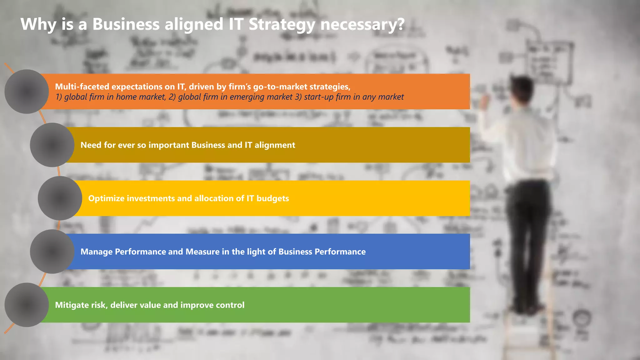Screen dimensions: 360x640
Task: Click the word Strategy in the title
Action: coord(282,24)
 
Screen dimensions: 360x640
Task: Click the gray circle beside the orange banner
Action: coord(27,91)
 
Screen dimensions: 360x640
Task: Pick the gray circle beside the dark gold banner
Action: coord(52,145)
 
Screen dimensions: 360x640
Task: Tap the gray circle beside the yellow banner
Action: coord(60,198)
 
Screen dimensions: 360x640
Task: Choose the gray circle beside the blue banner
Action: coord(52,252)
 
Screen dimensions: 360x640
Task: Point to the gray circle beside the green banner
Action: coord(27,305)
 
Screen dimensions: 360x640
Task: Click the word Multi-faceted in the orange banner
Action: coord(82,87)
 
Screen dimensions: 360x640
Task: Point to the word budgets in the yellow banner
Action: coord(272,199)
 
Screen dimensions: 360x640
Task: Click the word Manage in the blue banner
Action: coord(97,252)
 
